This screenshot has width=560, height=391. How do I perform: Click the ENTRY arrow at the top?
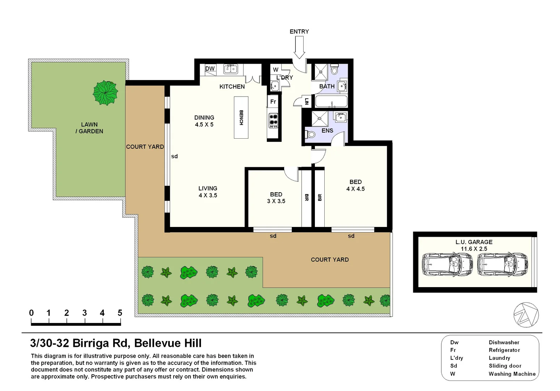pyautogui.click(x=299, y=47)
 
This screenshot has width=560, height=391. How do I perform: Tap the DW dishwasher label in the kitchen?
pyautogui.click(x=210, y=68)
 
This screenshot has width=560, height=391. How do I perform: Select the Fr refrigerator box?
pyautogui.click(x=273, y=102)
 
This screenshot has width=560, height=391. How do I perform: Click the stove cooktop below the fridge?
pyautogui.click(x=273, y=121)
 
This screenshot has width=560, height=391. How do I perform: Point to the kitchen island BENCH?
pyautogui.click(x=241, y=117)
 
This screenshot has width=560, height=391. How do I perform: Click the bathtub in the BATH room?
pyautogui.click(x=331, y=101)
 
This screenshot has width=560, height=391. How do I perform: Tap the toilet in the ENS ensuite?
pyautogui.click(x=310, y=134)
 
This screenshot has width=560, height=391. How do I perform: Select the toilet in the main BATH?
pyautogui.click(x=334, y=70)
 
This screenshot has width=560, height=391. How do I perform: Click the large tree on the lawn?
pyautogui.click(x=105, y=93)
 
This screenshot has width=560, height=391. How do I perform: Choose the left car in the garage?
pyautogui.click(x=447, y=264)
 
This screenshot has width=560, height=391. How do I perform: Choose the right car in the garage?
pyautogui.click(x=502, y=264)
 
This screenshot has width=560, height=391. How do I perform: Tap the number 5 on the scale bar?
pyautogui.click(x=120, y=313)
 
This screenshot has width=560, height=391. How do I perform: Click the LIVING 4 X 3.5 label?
pyautogui.click(x=208, y=192)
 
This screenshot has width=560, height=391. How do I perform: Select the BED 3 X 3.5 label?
pyautogui.click(x=276, y=198)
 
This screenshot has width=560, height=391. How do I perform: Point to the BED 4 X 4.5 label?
pyautogui.click(x=355, y=185)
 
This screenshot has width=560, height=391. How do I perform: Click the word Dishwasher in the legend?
pyautogui.click(x=504, y=342)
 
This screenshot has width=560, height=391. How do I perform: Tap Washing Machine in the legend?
pyautogui.click(x=512, y=374)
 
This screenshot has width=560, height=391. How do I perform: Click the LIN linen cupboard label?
pyautogui.click(x=307, y=101)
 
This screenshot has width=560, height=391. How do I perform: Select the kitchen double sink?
pyautogui.click(x=230, y=68)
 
